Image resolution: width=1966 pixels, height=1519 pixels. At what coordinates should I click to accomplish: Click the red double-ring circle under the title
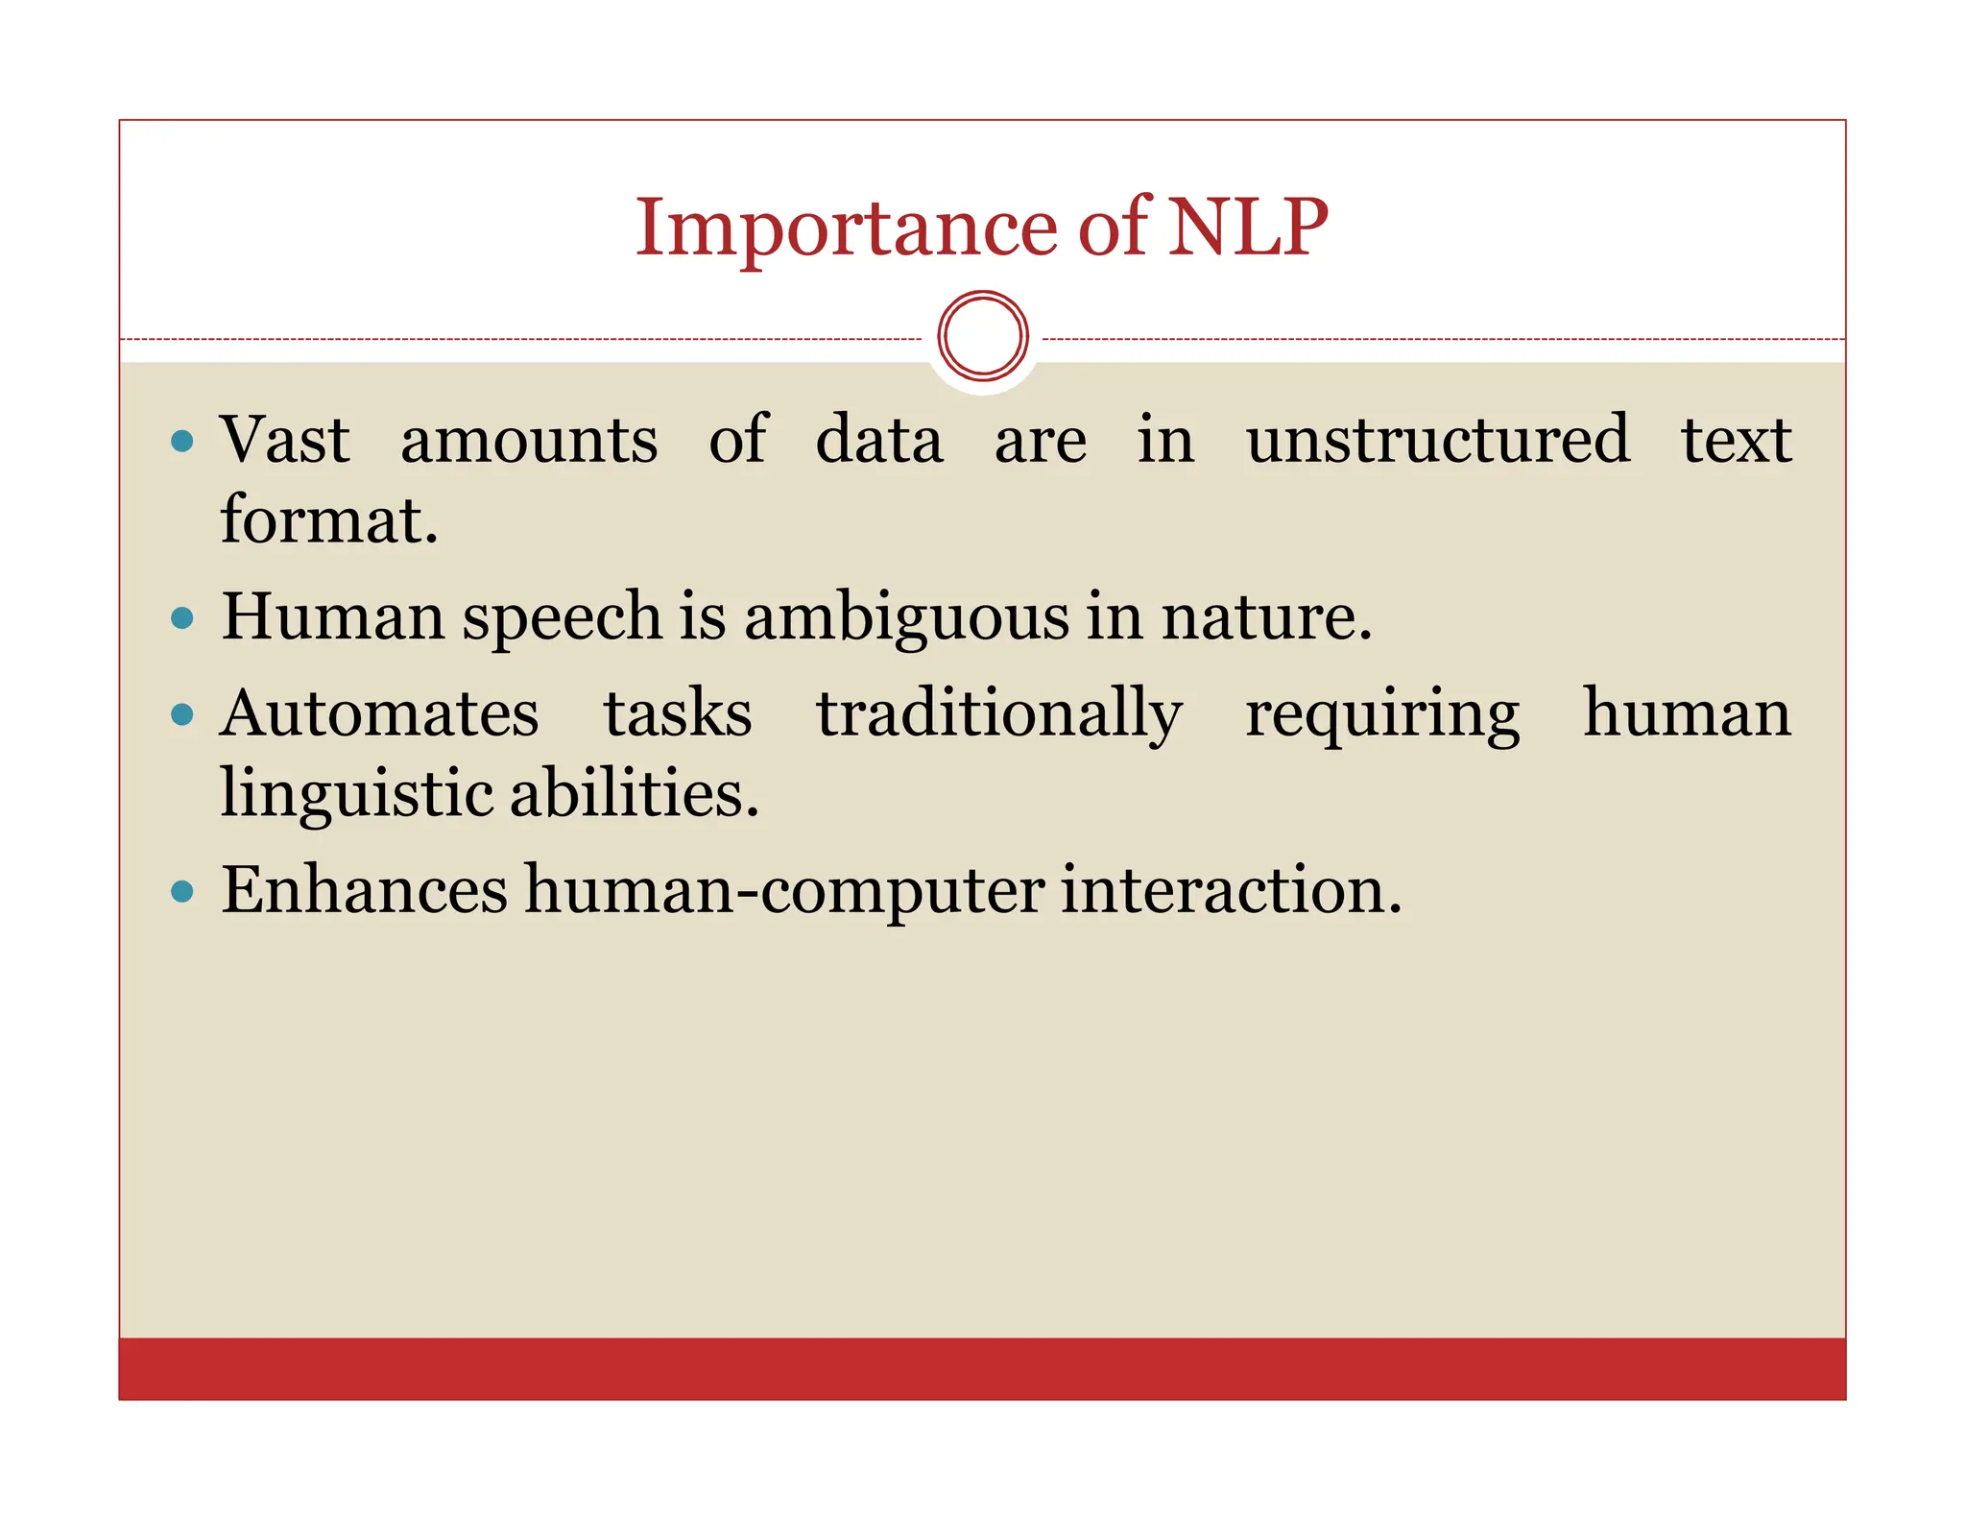click(983, 336)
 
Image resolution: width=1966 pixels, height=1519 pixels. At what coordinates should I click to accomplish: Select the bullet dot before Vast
click(181, 442)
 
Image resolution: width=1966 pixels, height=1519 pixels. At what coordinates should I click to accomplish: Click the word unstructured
click(1437, 440)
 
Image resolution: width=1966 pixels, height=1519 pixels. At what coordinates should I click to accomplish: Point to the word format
click(328, 520)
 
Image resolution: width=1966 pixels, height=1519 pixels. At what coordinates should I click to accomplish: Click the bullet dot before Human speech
click(181, 617)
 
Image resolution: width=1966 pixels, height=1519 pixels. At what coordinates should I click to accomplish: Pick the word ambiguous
click(906, 617)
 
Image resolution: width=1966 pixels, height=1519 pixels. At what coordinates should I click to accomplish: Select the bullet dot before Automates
click(181, 714)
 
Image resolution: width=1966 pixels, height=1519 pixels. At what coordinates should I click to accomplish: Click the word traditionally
click(998, 714)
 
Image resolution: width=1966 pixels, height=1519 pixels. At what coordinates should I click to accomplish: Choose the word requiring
click(1382, 716)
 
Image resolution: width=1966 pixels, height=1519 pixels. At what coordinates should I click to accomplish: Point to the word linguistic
click(355, 795)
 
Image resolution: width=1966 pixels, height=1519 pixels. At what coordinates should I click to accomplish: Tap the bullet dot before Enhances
click(181, 892)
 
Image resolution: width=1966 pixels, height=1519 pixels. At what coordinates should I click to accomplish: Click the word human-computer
click(784, 891)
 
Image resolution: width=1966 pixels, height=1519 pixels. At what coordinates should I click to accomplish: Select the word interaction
click(1230, 890)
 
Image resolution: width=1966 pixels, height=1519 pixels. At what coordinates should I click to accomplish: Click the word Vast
click(285, 440)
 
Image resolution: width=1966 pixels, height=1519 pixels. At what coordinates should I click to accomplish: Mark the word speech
click(562, 617)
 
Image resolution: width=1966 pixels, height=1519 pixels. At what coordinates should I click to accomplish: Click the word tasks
click(678, 714)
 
